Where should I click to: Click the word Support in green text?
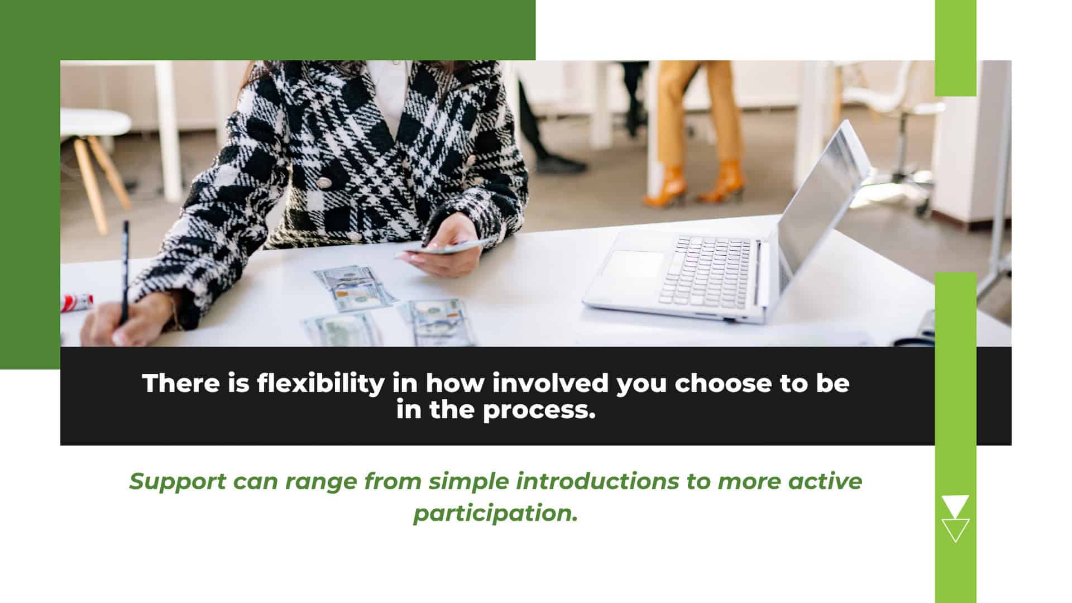tap(178, 482)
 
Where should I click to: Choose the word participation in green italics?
tap(495, 513)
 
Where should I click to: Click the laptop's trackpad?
tap(633, 266)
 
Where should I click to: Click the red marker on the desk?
tap(76, 302)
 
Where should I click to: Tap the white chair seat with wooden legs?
tap(95, 122)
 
